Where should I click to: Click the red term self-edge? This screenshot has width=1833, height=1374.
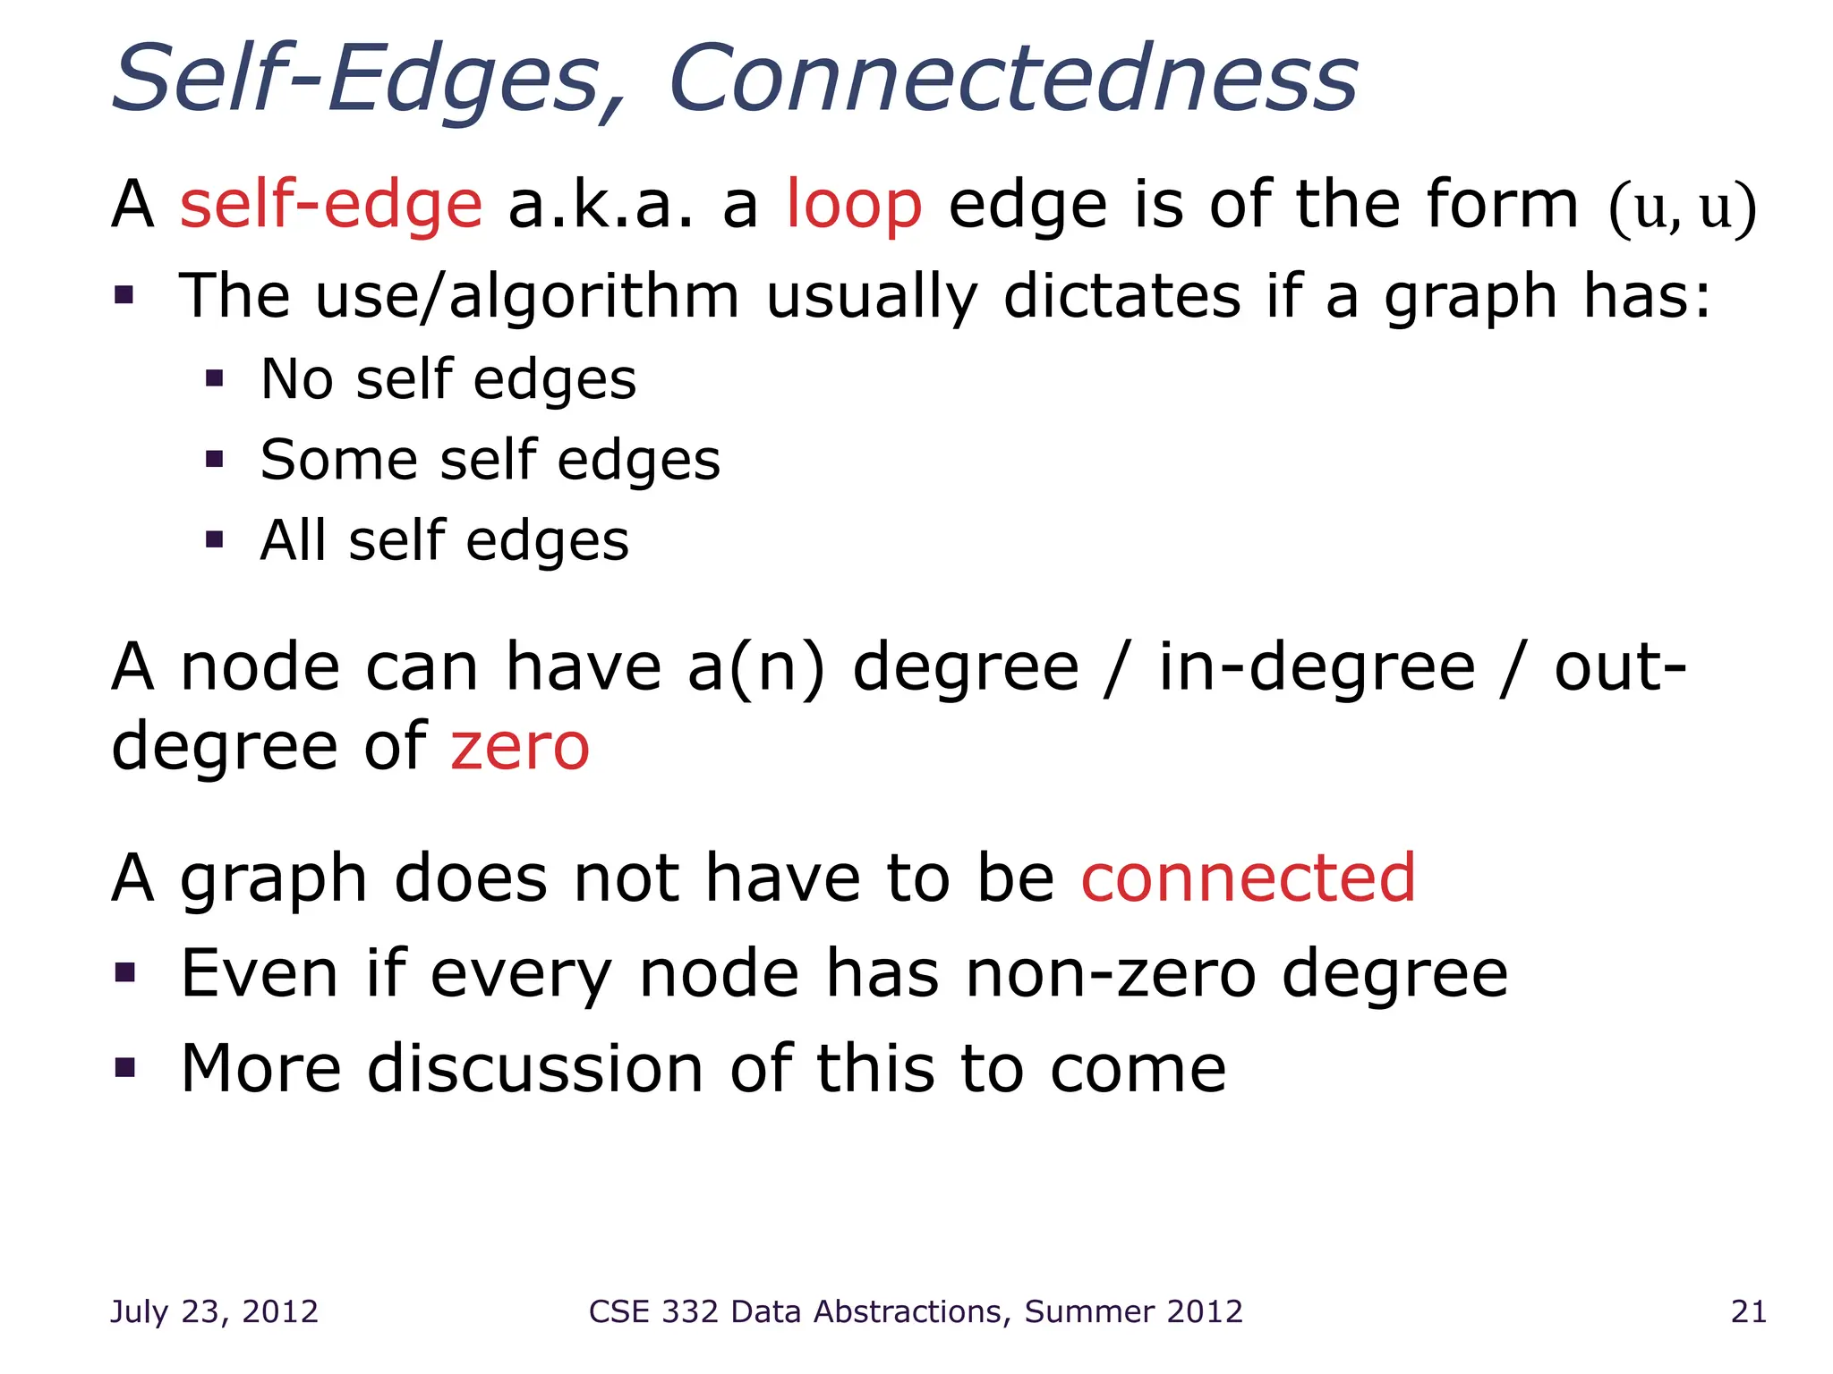click(331, 205)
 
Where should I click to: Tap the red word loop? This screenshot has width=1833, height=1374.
click(854, 205)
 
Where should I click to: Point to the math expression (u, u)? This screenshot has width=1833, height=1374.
click(1683, 208)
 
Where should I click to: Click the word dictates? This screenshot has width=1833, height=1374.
click(1122, 296)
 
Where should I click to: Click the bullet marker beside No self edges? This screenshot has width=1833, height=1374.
click(214, 378)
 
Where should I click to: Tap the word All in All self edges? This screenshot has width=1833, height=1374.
click(292, 540)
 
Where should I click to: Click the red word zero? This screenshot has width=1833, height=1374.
click(520, 747)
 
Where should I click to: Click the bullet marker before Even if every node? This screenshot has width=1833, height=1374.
click(124, 971)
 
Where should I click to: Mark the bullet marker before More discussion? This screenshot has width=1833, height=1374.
click(124, 1066)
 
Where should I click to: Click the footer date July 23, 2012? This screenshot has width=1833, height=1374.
click(214, 1311)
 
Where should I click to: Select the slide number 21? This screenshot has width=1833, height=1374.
click(1748, 1311)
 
